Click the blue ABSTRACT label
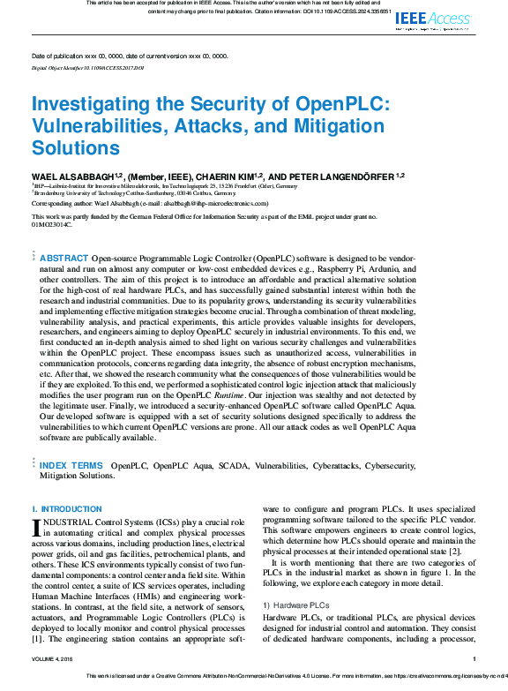point(64,259)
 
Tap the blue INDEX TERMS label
point(71,465)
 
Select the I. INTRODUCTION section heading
point(66,509)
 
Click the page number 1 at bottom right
point(474,658)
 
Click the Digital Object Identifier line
point(87,67)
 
